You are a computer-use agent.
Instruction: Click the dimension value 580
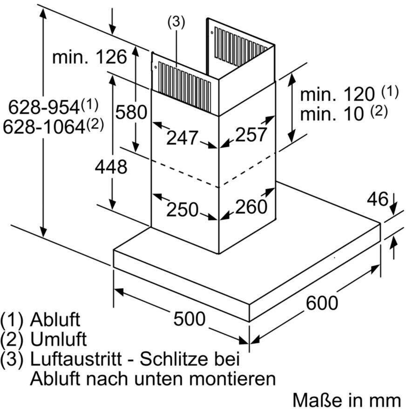click(131, 112)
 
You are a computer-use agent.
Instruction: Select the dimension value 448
click(111, 167)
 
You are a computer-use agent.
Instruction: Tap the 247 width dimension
click(182, 138)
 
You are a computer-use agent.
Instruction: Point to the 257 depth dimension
click(251, 135)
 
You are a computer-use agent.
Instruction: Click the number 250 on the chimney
click(183, 209)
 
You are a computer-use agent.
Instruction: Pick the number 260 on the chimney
click(251, 206)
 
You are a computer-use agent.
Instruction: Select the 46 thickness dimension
click(378, 199)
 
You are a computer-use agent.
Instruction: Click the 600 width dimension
click(322, 303)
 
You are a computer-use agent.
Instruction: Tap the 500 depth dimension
click(189, 318)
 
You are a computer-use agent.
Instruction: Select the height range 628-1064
click(53, 127)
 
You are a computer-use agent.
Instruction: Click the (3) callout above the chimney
click(176, 22)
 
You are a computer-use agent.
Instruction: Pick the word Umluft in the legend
click(59, 339)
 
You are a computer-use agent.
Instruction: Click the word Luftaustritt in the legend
click(76, 359)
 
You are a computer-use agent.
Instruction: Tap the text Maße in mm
click(347, 400)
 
